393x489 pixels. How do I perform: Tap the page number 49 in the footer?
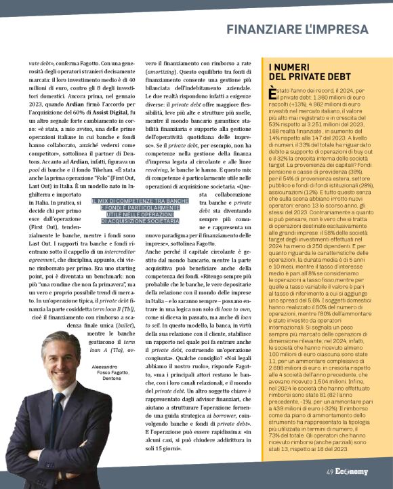(329, 472)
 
